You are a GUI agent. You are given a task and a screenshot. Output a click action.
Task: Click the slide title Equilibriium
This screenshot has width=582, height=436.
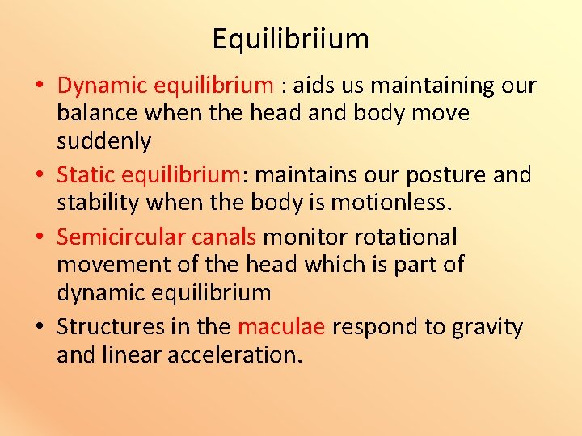click(x=291, y=39)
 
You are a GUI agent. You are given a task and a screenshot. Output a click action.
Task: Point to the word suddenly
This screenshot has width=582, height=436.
click(x=103, y=141)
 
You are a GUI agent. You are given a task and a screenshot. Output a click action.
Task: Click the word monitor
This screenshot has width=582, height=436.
click(x=304, y=237)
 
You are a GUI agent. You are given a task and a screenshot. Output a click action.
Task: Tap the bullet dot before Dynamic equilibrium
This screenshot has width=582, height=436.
click(x=39, y=86)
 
